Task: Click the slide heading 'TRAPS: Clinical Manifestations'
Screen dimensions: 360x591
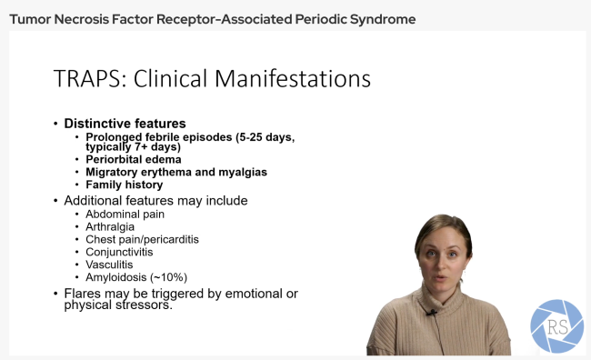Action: tap(212, 78)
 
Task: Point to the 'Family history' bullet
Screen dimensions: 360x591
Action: tap(124, 185)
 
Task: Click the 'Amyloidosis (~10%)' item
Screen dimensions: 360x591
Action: tap(136, 277)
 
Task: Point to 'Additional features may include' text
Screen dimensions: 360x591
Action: tap(155, 200)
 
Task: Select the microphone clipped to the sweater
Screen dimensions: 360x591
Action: tap(433, 315)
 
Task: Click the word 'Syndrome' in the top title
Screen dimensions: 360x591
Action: tap(387, 18)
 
